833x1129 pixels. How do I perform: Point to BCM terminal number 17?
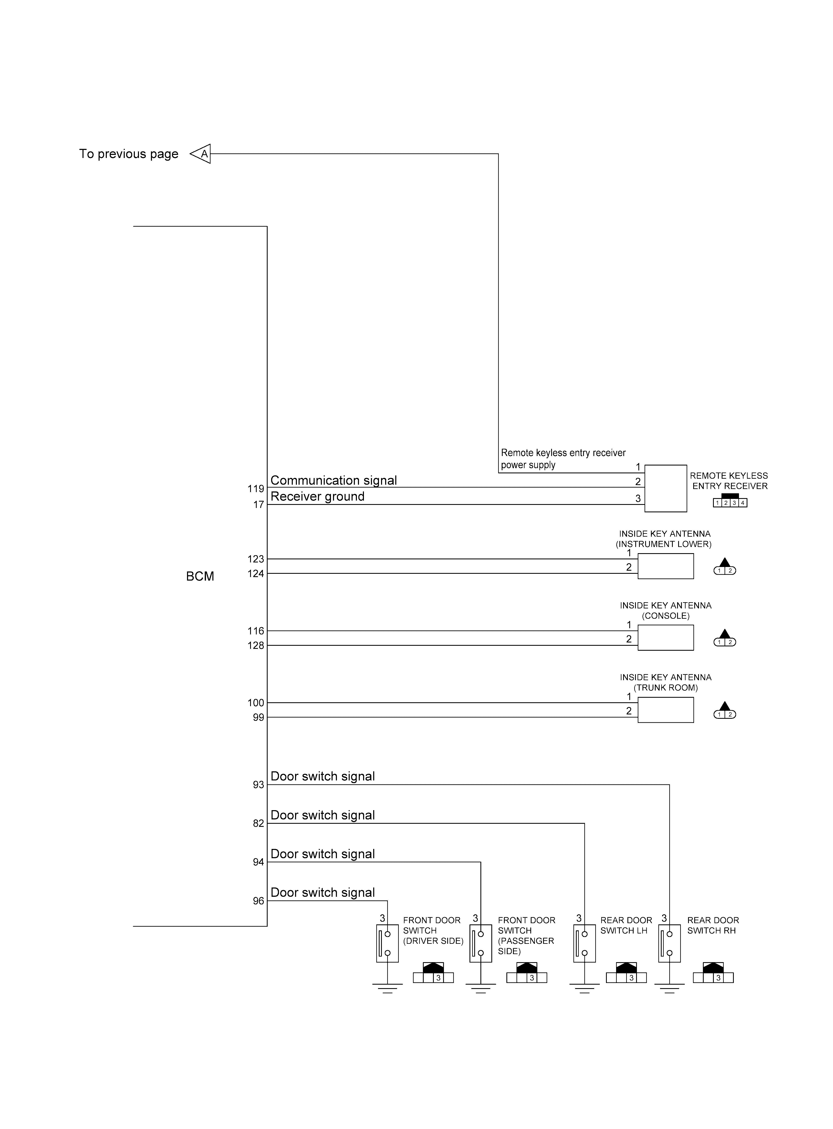click(259, 505)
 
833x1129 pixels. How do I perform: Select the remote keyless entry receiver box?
click(666, 488)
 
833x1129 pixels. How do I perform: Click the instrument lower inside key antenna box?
click(666, 566)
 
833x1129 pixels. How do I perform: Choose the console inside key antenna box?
click(666, 638)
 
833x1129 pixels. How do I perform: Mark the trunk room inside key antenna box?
click(666, 710)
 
